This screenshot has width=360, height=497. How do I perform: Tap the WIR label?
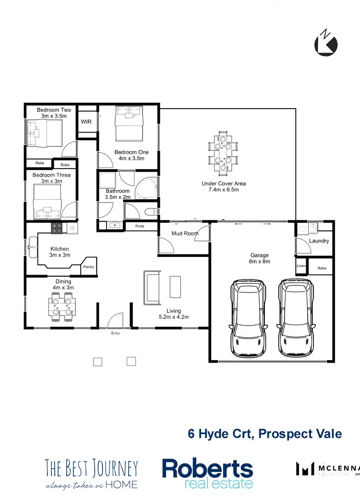coord(86,122)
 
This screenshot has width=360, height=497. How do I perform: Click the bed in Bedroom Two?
coord(44,133)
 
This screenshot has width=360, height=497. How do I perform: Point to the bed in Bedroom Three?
coord(48,201)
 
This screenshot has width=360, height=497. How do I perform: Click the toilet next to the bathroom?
coord(150,211)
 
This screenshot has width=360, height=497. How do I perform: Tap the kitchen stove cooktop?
coord(57,229)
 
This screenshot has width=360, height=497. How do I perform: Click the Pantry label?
coord(88,267)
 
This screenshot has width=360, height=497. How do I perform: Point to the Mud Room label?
coord(185,234)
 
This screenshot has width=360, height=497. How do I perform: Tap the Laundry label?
coord(319,241)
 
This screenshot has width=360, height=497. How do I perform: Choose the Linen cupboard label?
coord(301,266)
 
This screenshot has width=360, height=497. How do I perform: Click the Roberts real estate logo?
coord(207,473)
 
